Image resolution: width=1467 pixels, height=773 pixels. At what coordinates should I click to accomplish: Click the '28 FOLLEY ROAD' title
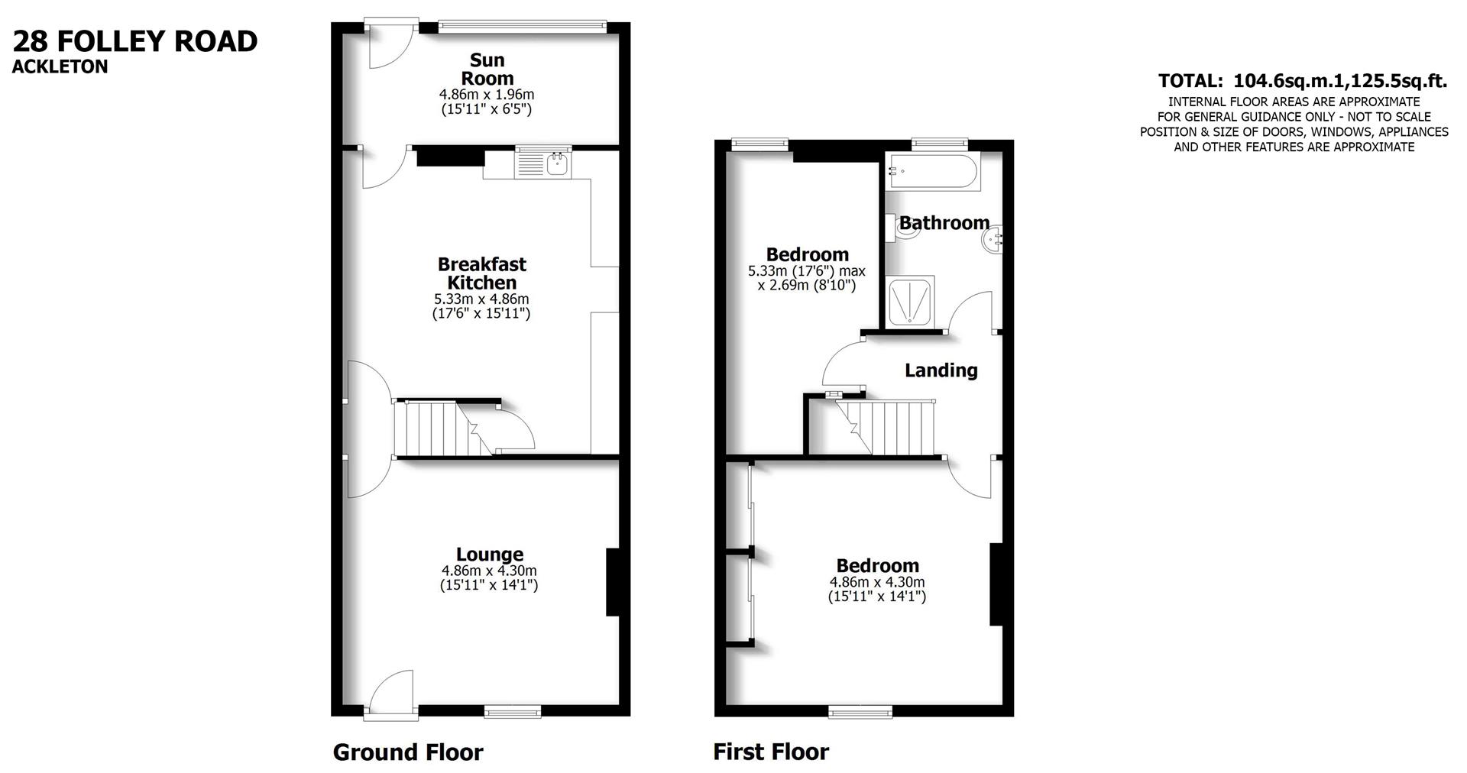point(135,41)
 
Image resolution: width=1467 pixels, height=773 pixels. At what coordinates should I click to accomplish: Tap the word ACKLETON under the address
point(60,67)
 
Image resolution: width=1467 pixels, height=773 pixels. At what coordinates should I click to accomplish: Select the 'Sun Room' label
point(487,69)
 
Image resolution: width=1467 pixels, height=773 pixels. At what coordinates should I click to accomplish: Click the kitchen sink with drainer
point(543,161)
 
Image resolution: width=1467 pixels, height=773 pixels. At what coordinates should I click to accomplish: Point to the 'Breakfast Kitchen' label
point(481,273)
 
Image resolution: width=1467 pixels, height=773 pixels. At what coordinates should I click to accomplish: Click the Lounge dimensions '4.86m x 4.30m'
point(489,571)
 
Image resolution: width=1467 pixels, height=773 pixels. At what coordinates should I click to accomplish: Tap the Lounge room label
point(489,555)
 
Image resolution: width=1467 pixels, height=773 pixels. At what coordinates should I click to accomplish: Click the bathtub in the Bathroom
point(931,173)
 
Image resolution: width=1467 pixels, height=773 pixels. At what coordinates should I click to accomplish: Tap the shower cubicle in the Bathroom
point(910,301)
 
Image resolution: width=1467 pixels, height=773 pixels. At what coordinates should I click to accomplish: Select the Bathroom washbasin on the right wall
point(991,241)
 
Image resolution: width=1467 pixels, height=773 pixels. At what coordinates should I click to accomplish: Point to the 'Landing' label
point(941,370)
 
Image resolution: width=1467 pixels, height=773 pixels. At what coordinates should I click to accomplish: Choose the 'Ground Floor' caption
point(408,752)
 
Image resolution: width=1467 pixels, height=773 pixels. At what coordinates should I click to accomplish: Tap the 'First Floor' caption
point(771,752)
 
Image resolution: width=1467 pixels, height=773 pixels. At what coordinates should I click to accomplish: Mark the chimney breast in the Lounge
point(613,581)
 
